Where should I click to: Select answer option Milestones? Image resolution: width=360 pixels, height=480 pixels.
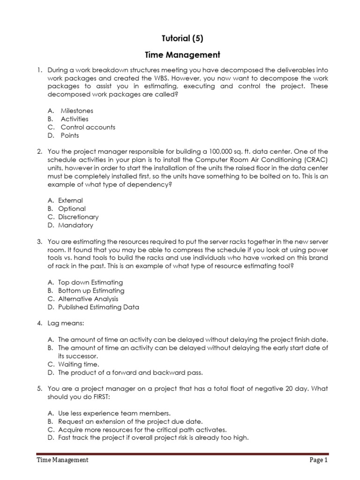point(77,111)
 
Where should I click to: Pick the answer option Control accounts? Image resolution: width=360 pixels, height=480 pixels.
point(88,127)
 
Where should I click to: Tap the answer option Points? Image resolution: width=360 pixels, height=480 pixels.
point(70,135)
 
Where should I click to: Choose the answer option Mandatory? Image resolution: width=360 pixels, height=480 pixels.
point(75,225)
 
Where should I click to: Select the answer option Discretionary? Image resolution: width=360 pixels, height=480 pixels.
point(78,217)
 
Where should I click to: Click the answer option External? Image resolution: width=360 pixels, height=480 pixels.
point(70,200)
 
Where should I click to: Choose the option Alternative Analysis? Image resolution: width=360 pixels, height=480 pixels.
point(88,299)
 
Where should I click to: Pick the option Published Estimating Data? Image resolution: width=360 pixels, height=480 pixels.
point(98,307)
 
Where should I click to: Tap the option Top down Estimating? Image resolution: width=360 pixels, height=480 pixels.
point(90,282)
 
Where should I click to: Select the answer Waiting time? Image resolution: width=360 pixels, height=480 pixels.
point(79,364)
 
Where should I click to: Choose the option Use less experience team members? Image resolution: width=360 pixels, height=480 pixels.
point(114,413)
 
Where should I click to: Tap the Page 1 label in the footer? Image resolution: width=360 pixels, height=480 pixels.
point(319,460)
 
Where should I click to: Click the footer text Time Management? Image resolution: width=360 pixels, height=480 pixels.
point(63,460)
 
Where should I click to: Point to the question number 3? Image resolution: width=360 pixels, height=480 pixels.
point(40,241)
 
